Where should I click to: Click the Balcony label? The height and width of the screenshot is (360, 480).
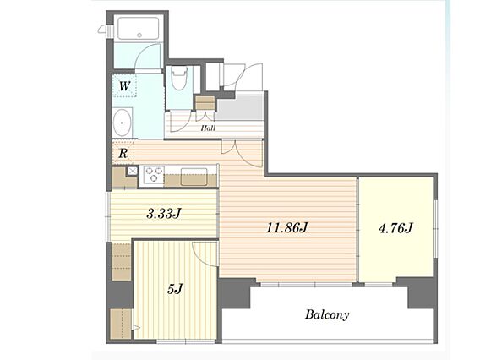pos(327,314)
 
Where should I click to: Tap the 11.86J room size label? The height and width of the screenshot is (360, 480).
pos(286,228)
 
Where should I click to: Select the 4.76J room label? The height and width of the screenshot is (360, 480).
pos(395,228)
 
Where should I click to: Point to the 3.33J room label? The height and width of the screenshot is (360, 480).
pos(164,213)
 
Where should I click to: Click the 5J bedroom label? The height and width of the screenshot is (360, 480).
pos(175,289)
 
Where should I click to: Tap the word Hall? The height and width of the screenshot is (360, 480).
pos(208,128)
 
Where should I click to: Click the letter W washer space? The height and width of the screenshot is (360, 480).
pos(124,86)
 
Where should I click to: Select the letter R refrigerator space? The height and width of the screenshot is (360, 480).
pos(123,153)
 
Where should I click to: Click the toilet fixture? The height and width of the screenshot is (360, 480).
pos(179,78)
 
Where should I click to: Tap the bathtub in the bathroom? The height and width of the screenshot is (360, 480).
pos(139,28)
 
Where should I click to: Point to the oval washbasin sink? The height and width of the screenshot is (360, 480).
pos(123,123)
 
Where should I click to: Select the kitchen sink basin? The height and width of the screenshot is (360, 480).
pos(194,177)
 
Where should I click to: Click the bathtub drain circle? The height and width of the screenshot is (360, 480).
pos(139,35)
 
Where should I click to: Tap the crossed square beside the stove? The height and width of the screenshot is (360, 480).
pos(132,171)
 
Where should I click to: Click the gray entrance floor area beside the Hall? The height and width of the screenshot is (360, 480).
pos(240,107)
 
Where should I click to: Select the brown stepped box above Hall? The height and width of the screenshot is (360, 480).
pos(205,103)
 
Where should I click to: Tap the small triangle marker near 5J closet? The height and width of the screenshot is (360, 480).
pos(136,328)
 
